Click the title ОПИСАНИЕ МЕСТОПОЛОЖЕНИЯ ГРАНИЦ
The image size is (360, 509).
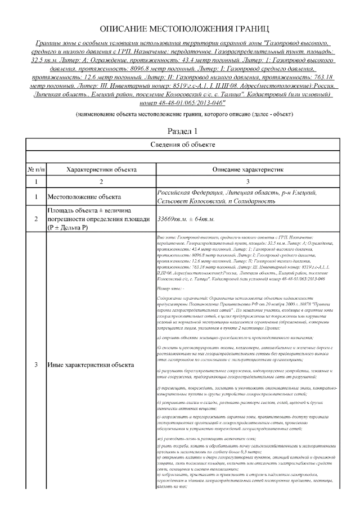(x=180, y=28)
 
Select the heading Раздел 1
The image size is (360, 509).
(x=180, y=132)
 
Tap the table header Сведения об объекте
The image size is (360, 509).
(x=180, y=145)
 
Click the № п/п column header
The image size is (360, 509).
(x=37, y=169)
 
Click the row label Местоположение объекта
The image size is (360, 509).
(x=84, y=197)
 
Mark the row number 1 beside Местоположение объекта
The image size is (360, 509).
(x=37, y=197)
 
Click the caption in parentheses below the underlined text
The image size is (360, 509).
(x=180, y=114)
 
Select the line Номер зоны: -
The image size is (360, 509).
(x=172, y=287)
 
